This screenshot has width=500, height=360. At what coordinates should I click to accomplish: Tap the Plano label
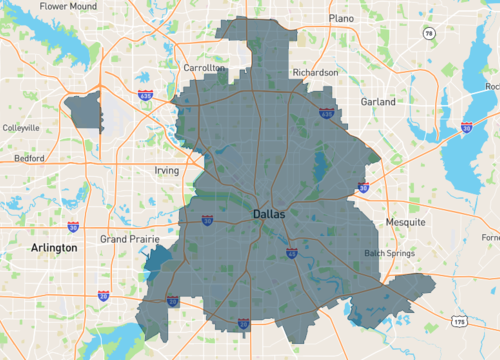click(342, 18)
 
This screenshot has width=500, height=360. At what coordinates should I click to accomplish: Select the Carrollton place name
click(203, 67)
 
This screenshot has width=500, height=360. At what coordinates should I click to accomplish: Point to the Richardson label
click(314, 73)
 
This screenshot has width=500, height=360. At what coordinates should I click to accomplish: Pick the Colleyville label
click(20, 128)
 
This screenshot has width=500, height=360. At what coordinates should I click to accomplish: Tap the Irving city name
click(165, 170)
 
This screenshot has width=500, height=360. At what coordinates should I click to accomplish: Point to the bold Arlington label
click(54, 247)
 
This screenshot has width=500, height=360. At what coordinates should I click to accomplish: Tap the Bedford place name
click(29, 158)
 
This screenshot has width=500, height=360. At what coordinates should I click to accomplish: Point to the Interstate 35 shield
click(244, 324)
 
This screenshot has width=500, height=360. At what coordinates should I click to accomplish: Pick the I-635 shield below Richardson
click(327, 115)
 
